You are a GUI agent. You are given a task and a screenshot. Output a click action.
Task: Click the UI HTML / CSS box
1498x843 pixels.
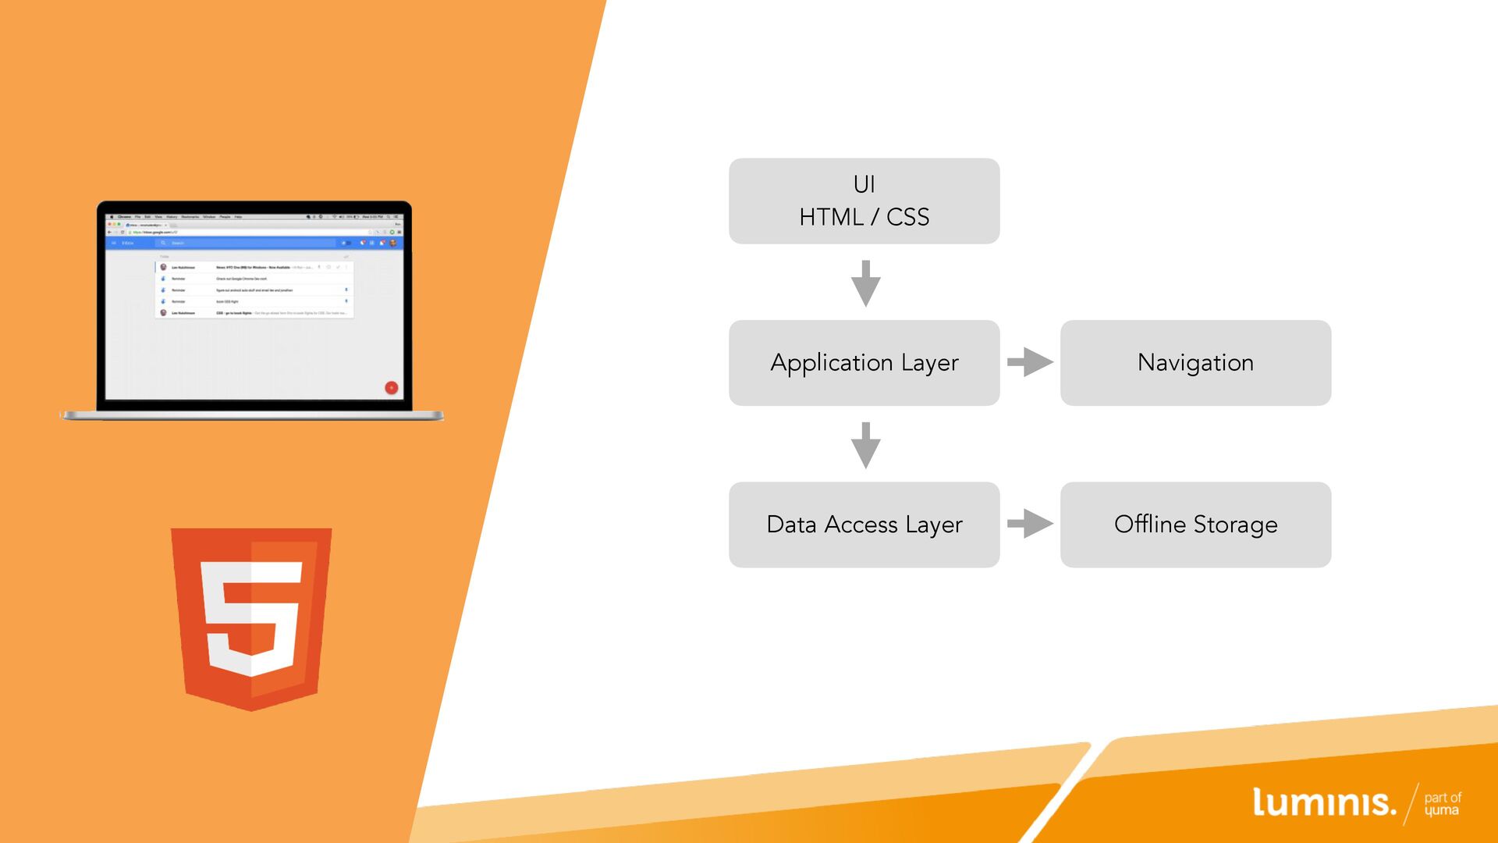[864, 201]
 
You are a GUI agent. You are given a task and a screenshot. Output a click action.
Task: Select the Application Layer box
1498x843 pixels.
[864, 363]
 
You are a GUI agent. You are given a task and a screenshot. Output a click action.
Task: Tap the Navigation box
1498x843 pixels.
[1195, 363]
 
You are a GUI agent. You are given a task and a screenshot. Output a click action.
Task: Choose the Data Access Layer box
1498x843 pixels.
[864, 525]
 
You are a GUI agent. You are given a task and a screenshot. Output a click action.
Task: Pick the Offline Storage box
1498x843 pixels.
[1195, 525]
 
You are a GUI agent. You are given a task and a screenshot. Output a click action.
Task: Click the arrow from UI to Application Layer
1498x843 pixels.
[865, 283]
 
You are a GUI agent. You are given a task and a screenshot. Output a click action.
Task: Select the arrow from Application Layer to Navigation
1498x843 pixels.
[1030, 362]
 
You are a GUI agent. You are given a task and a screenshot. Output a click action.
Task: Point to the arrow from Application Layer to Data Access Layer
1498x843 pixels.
[865, 445]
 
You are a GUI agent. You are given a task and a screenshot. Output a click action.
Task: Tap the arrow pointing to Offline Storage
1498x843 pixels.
[1030, 524]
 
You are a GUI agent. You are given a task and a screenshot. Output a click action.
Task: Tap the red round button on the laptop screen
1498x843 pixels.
[392, 388]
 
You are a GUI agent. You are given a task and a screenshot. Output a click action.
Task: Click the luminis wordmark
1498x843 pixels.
[1323, 803]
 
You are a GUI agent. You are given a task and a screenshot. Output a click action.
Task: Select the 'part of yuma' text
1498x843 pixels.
[1442, 804]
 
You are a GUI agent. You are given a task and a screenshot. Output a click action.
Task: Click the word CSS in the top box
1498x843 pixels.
[907, 218]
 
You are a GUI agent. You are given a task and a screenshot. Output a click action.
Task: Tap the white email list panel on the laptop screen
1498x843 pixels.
[254, 290]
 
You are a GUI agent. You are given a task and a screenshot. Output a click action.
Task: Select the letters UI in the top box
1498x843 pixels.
[864, 185]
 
